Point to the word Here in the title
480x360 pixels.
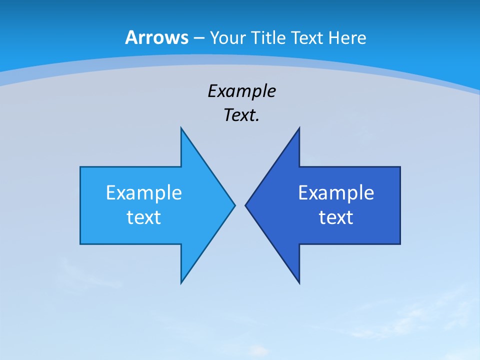[347, 37]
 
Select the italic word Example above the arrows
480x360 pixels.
[242, 91]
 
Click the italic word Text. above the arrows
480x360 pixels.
[242, 115]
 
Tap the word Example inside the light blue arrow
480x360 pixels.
[144, 193]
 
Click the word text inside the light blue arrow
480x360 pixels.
[144, 217]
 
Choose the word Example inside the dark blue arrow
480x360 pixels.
[336, 193]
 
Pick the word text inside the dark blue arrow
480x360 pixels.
[336, 217]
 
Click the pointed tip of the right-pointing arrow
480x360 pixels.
[234, 205]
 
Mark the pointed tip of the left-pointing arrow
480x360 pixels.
[246, 205]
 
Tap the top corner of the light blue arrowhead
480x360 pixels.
[181, 128]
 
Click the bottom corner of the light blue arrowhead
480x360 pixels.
[181, 283]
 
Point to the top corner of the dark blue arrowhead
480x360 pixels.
[299, 128]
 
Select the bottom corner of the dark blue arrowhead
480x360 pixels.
[299, 283]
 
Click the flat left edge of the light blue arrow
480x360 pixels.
[80, 205]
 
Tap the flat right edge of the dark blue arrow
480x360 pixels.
[400, 205]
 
